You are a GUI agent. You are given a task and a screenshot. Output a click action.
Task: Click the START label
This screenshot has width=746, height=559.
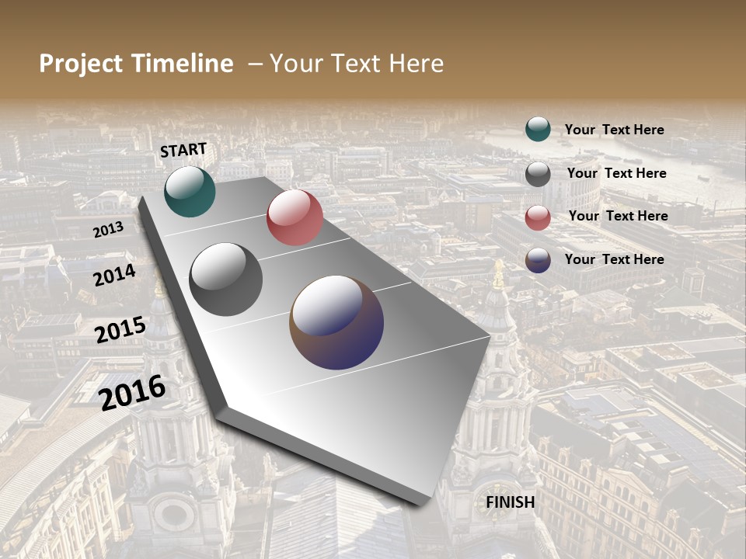(x=183, y=150)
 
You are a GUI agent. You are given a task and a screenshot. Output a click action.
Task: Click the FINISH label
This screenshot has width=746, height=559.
(x=510, y=502)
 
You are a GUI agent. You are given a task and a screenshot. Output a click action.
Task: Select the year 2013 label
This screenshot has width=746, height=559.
(x=108, y=230)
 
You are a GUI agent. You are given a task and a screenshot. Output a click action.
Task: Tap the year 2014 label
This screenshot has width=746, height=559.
(x=114, y=275)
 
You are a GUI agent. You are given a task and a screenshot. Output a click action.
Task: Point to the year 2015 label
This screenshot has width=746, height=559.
(x=120, y=330)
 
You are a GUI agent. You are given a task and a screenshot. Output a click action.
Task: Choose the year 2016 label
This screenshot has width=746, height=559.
(x=132, y=392)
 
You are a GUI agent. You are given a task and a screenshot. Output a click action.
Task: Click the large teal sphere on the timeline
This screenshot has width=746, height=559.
(x=190, y=191)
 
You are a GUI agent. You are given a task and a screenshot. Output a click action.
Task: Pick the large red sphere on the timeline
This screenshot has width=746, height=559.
(x=295, y=217)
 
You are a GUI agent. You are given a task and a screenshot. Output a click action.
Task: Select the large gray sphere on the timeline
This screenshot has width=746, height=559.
(x=225, y=279)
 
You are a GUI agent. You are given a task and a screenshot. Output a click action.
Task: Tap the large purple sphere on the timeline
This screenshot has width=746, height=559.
(x=336, y=322)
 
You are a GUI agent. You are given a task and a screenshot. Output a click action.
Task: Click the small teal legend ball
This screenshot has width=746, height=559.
(x=538, y=130)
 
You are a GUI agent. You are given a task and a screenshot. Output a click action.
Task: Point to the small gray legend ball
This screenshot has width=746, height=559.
(x=538, y=174)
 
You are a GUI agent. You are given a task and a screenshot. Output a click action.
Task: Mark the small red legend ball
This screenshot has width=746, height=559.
(x=538, y=217)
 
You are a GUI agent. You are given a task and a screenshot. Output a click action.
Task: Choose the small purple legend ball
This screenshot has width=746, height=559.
(x=538, y=260)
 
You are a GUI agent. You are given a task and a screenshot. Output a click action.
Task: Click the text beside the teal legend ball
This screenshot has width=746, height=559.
(x=614, y=130)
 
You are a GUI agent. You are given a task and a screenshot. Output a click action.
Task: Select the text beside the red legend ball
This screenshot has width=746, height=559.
(x=618, y=216)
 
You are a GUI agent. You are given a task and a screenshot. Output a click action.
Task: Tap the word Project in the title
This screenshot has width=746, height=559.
(x=82, y=64)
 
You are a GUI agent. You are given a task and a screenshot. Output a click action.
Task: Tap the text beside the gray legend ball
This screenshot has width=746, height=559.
(x=616, y=173)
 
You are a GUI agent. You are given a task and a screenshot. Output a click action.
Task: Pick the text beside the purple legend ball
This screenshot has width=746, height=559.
(x=614, y=259)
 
